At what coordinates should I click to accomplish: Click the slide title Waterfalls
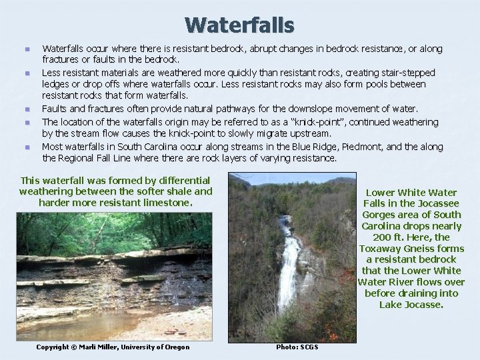[x=239, y=25]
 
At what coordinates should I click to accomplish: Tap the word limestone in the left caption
[x=167, y=202]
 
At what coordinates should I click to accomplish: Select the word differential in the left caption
[x=183, y=180]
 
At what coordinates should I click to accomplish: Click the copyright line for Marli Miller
[x=112, y=347]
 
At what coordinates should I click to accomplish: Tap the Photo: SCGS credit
[x=297, y=347]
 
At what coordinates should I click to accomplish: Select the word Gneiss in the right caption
[x=423, y=248]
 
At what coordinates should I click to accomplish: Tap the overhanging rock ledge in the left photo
[x=100, y=257]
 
